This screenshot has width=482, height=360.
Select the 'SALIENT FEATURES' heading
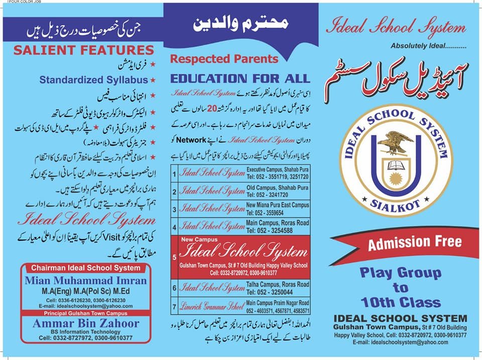coord(83,50)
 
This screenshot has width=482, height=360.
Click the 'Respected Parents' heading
coord(224,59)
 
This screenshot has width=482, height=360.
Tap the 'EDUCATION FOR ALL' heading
coord(240,79)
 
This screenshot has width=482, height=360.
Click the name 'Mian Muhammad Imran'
coord(87,281)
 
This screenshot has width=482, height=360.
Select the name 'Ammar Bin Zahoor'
coord(86,323)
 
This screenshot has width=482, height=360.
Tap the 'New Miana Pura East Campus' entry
coord(278,205)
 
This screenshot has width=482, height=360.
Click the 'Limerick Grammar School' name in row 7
coord(212,306)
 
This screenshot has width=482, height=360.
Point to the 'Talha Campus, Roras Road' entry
coord(278,284)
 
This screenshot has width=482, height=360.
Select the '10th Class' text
coord(400,302)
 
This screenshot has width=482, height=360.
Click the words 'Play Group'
coord(400,273)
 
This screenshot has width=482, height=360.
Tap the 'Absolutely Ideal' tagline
coord(428,46)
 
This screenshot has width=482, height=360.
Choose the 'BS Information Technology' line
coord(86,332)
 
